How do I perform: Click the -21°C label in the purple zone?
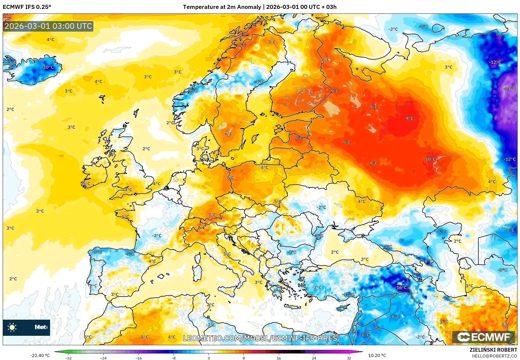510,89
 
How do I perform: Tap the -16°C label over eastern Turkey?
401,288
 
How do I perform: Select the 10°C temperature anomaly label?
430,159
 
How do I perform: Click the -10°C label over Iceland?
48,67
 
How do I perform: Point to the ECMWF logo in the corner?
483,337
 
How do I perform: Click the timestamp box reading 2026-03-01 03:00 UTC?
48,26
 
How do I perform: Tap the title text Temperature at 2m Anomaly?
222,7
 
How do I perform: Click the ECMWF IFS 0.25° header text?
27,7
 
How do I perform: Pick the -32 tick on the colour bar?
68,358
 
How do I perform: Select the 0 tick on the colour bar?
209,358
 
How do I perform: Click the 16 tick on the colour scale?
279,358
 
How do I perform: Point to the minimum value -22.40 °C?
40,355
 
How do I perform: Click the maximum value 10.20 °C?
377,355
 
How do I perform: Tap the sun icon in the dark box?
12,327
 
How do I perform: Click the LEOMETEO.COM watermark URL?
260,338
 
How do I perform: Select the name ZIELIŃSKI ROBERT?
493,350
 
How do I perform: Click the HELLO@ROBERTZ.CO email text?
494,356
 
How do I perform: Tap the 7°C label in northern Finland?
272,42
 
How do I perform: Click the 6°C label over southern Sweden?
228,134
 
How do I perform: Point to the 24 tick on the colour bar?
314,358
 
